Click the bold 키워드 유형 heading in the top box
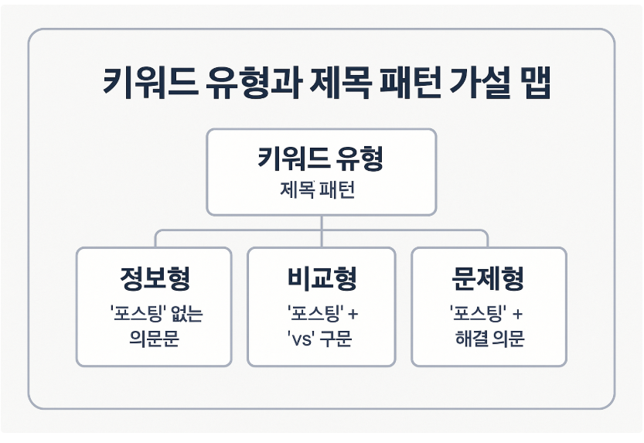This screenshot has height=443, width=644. pyautogui.click(x=321, y=159)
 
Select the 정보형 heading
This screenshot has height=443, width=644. pyautogui.click(x=155, y=279)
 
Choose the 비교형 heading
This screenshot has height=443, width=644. pyautogui.click(x=321, y=279)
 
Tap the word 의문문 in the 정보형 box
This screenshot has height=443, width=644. pyautogui.click(x=155, y=339)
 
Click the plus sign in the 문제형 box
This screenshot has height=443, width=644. pyautogui.click(x=516, y=315)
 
